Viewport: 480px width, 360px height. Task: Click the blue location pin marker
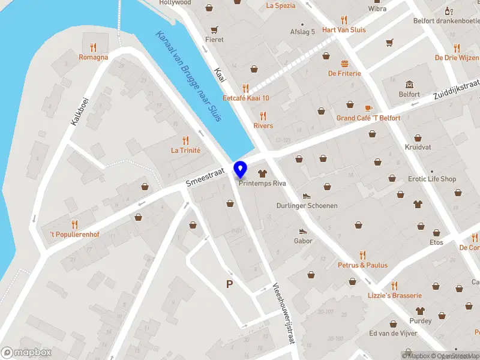coord(241,169)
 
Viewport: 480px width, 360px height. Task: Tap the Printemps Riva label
coord(262,184)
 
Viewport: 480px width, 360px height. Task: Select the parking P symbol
coord(229,284)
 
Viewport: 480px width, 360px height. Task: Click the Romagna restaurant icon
coord(93,47)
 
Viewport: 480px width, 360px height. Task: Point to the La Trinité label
coord(185,151)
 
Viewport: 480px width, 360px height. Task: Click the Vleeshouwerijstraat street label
coord(284,313)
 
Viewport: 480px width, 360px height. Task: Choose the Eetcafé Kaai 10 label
coord(246,98)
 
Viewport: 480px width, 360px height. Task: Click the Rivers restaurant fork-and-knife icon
coord(263,116)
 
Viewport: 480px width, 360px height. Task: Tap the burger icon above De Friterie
coord(344,63)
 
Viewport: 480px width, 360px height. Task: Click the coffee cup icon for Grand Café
coord(368,108)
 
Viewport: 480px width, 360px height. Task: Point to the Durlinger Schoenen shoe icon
coord(307,196)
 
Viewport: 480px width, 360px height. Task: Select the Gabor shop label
coord(303,241)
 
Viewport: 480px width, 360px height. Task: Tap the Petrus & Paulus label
coord(362,265)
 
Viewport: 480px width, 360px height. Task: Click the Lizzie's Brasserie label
coord(395,295)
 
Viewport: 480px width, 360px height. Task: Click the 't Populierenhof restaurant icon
coord(74,224)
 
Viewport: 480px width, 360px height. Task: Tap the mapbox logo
coord(26,352)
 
